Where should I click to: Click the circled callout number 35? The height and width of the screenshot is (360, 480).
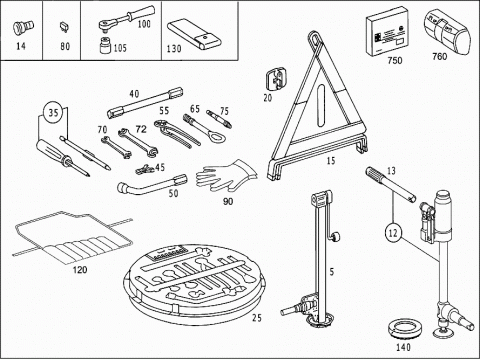tap(53, 112)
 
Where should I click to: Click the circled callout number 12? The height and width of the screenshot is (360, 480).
tap(393, 232)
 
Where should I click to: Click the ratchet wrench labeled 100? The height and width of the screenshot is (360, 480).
tap(126, 18)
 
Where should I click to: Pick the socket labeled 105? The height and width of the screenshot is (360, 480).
tap(106, 46)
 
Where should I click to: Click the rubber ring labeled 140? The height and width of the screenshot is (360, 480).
tap(405, 330)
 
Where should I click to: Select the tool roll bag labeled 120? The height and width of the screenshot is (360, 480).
tap(73, 237)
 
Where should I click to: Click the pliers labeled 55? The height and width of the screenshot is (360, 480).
tap(177, 132)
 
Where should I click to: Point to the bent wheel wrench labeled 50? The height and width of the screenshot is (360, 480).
tap(152, 184)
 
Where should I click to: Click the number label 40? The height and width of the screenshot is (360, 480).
tap(134, 94)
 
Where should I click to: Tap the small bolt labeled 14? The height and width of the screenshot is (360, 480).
tap(23, 27)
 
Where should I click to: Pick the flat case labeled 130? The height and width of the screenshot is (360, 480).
tap(194, 35)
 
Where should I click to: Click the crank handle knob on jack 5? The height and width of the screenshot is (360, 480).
tap(335, 237)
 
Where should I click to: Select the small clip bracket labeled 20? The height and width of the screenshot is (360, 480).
tap(276, 79)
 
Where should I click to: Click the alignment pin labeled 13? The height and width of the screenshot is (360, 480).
tap(390, 185)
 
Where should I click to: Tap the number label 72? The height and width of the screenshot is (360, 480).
tap(141, 129)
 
